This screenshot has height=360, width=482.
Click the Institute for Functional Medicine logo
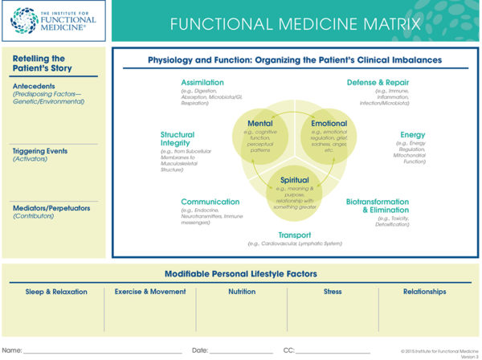54,21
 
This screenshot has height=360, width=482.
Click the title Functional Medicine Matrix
296,22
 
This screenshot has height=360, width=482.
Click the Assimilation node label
202,82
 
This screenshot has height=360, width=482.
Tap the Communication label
210,202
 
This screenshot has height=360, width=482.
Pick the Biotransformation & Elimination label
383,207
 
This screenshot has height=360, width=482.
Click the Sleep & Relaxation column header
56,292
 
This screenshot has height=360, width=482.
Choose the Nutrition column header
241,292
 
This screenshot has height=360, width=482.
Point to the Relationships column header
424,292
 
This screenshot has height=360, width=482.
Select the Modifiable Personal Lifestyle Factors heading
241,274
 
